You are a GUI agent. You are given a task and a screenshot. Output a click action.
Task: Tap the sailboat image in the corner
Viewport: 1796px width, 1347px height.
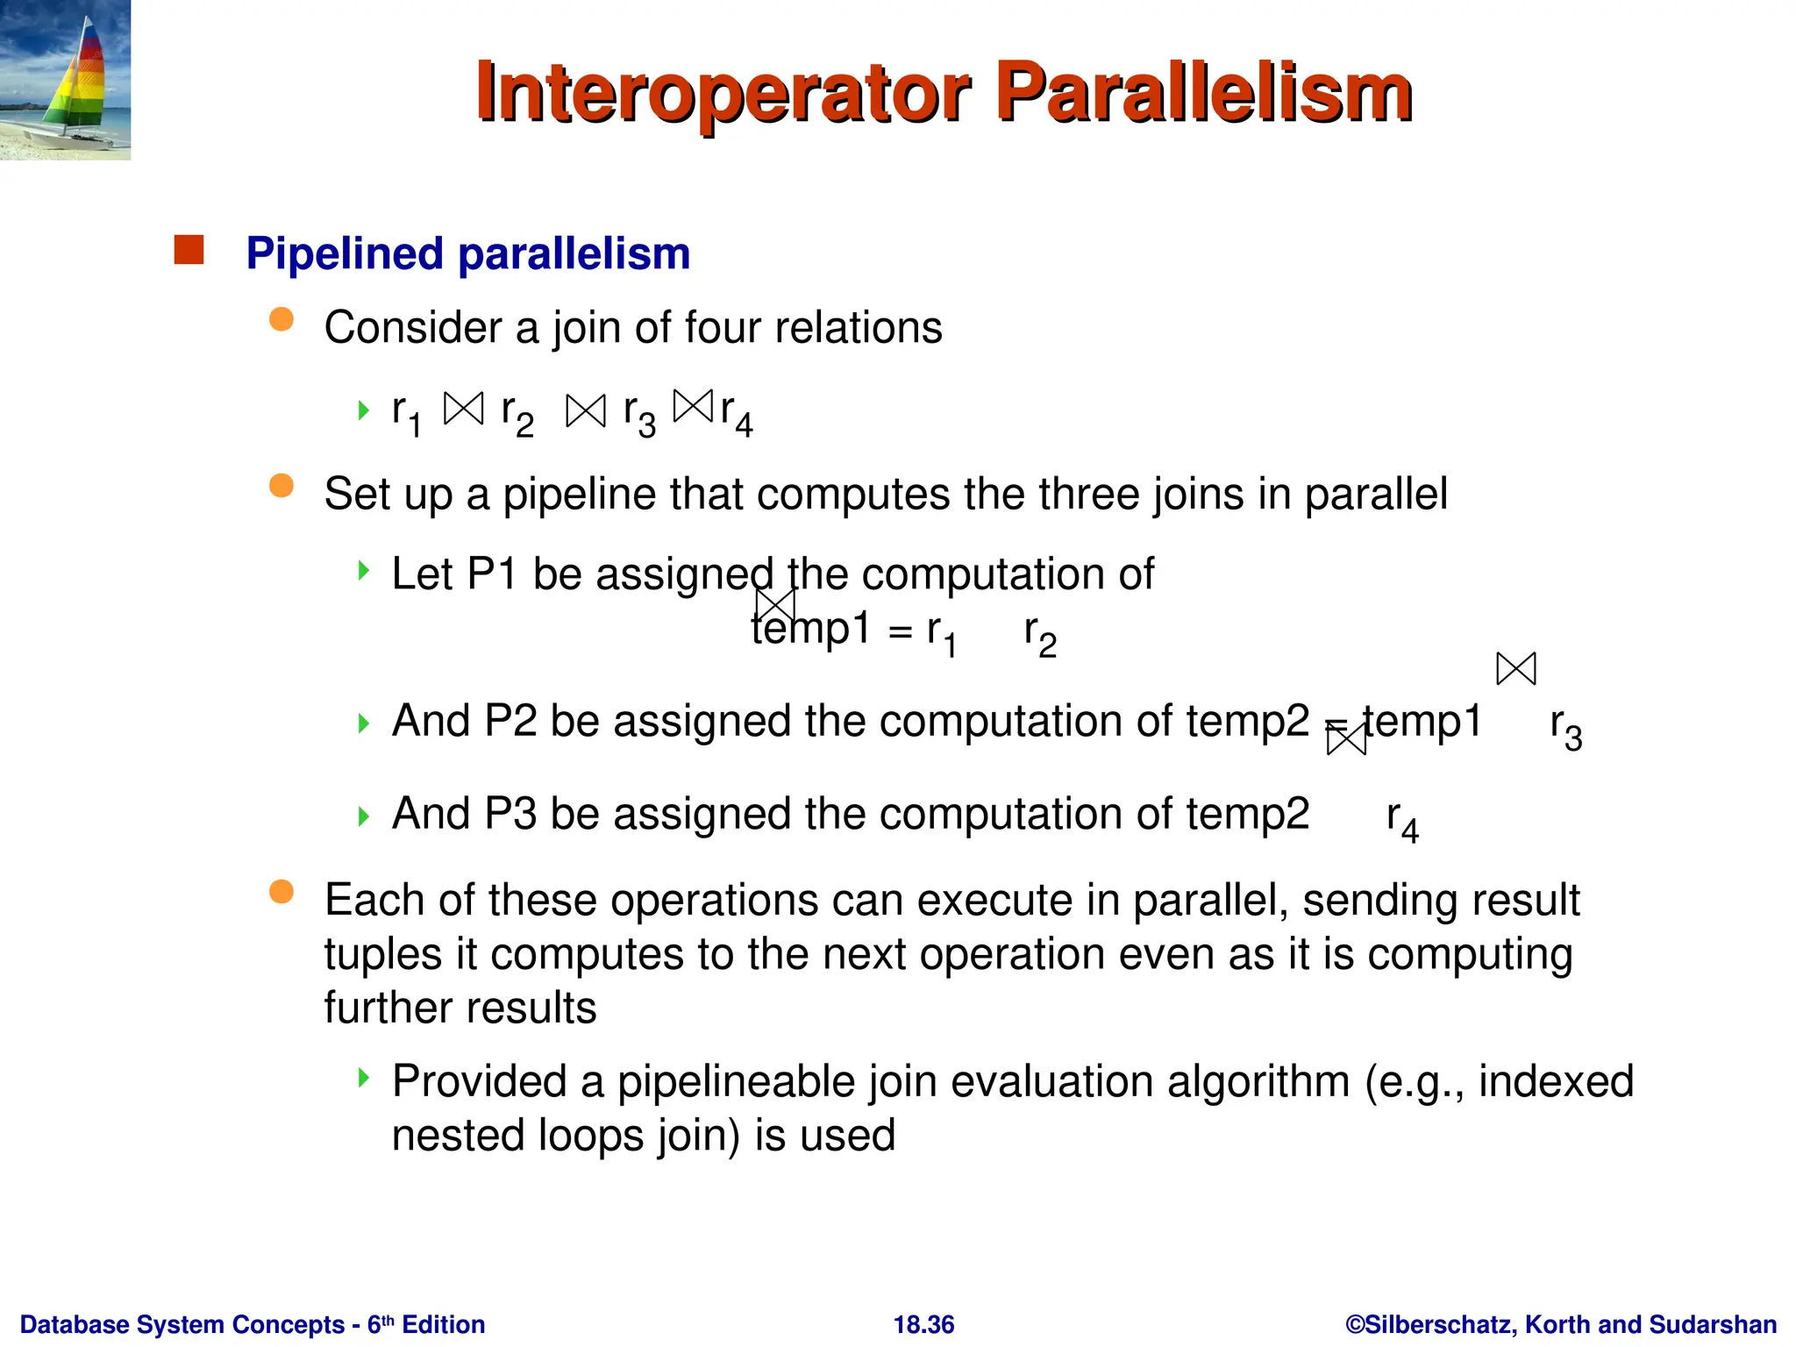(x=65, y=80)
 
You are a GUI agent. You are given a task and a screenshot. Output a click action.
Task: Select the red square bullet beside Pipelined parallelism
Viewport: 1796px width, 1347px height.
(x=189, y=250)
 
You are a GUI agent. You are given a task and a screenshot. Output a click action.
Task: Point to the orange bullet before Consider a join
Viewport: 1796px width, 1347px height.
(x=281, y=319)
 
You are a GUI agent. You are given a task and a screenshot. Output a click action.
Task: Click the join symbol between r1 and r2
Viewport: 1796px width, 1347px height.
(x=463, y=409)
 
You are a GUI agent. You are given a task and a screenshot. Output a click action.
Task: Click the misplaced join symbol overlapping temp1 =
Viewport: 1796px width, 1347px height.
(x=775, y=605)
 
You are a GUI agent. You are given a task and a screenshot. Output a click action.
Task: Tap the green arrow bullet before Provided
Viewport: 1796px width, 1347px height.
(x=363, y=1077)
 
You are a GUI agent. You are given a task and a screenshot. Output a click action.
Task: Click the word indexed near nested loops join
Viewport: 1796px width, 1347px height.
(x=1556, y=1081)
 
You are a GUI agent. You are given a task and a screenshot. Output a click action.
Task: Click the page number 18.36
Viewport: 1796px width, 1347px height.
(x=923, y=1324)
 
